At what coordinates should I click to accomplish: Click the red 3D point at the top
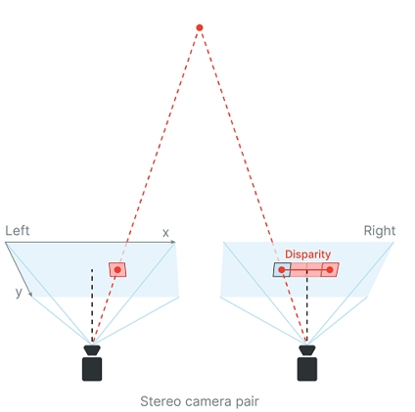point(200,27)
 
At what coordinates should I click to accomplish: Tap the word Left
point(18,231)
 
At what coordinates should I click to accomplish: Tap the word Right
point(380,231)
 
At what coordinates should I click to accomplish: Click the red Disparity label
point(308,254)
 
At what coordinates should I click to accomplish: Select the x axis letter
point(165,233)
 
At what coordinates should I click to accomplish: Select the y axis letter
point(19,292)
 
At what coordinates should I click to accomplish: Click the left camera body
point(92,369)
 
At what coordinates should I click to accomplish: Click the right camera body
point(307,369)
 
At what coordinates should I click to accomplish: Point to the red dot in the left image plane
point(117,270)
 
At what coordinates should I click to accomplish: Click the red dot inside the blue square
point(282,270)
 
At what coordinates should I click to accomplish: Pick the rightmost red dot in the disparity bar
point(330,270)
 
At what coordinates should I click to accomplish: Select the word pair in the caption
point(247,402)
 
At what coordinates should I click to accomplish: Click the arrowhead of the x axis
point(173,242)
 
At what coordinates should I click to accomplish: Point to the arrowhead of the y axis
point(30,295)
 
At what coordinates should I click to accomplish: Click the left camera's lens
point(92,350)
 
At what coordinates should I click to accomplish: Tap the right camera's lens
point(307,350)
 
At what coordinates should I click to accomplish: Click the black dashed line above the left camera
point(92,305)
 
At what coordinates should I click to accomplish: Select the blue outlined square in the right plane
point(282,270)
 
